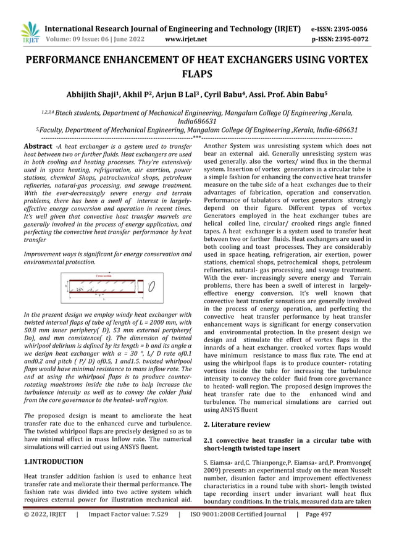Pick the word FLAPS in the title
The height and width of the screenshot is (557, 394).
pos(196,75)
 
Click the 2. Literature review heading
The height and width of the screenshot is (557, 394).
pos(237,424)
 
